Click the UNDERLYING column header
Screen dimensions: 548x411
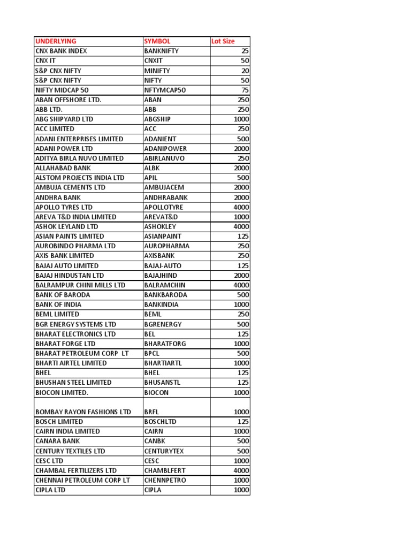(56, 41)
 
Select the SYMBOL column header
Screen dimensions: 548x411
(157, 41)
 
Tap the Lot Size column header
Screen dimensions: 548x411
(223, 41)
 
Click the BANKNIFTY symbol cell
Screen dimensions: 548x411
(162, 51)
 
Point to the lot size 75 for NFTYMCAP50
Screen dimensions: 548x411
(245, 90)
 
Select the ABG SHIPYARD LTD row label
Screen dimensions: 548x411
(64, 119)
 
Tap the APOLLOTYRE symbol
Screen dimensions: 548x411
(164, 207)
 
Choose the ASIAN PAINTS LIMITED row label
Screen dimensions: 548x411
(70, 236)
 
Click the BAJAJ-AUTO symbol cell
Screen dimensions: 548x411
(163, 265)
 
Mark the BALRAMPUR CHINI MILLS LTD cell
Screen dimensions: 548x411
(80, 285)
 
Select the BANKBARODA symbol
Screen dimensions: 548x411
(165, 295)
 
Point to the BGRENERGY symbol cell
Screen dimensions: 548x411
(163, 324)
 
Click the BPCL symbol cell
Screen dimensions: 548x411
(152, 353)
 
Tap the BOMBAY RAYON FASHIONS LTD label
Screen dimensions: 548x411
(83, 412)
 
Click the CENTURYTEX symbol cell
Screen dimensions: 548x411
(164, 451)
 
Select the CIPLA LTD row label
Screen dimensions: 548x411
(50, 490)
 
